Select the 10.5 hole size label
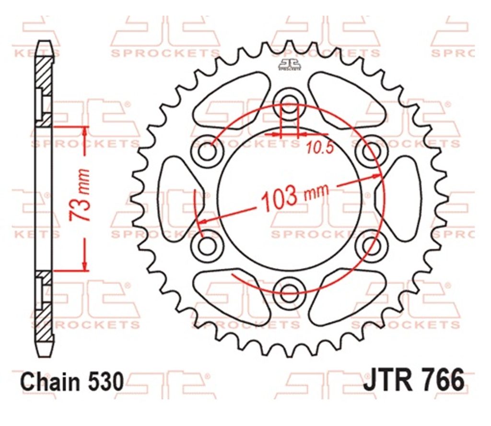(x=320, y=148)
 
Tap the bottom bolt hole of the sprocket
(x=289, y=292)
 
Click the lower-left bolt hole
(x=208, y=244)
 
